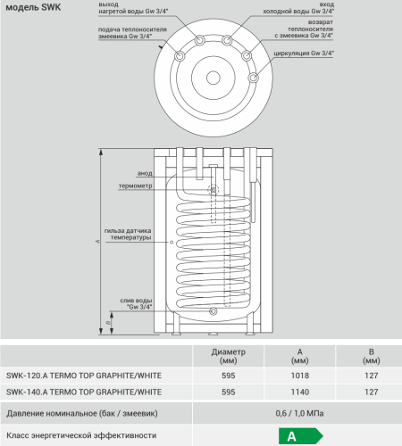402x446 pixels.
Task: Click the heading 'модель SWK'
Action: tap(33, 7)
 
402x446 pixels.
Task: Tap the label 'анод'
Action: tap(145, 173)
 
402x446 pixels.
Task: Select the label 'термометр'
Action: tap(136, 186)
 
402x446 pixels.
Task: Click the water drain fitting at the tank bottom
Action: tap(214, 311)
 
